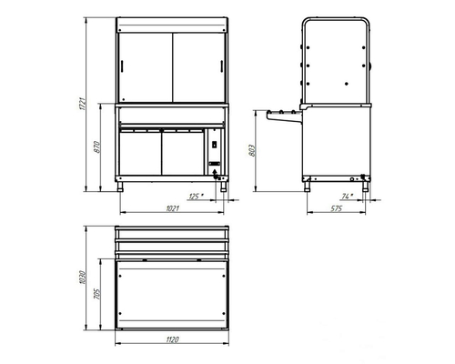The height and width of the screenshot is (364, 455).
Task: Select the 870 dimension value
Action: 96,147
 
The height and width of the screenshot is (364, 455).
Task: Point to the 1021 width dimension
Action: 173,208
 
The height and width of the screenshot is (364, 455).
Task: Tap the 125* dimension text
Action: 196,197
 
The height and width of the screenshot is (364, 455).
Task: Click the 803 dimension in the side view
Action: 252,150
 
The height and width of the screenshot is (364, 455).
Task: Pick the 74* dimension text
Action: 348,197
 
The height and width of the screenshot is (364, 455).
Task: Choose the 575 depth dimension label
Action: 337,208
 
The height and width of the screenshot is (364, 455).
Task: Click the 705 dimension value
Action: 96,294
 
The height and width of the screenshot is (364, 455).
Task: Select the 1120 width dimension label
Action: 172,339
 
